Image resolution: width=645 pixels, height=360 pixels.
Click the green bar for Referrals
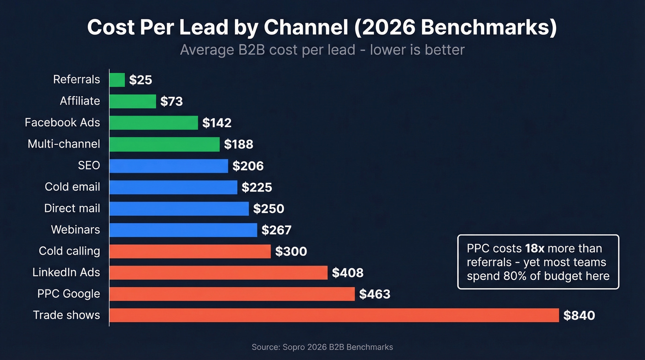tap(117, 80)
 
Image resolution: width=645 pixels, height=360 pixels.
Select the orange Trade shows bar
tap(334, 315)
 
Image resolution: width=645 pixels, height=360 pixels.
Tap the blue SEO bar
tap(169, 166)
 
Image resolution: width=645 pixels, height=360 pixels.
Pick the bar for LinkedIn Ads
tap(218, 272)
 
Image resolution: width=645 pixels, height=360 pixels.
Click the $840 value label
tap(579, 316)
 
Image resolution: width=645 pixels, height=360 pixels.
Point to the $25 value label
tap(141, 80)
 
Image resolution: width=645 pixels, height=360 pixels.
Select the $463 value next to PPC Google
tap(375, 294)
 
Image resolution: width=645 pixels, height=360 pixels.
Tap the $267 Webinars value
tap(276, 230)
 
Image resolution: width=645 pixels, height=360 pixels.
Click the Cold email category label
tap(72, 187)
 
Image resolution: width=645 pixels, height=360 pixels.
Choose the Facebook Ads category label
tap(62, 123)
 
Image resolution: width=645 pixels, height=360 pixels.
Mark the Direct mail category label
tap(72, 208)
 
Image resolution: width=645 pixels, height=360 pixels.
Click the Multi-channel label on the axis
tap(64, 144)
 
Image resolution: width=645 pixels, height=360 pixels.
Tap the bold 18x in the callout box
tap(534, 248)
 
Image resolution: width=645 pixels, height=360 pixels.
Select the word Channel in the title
tap(306, 28)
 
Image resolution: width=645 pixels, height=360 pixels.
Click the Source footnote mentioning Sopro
tap(322, 347)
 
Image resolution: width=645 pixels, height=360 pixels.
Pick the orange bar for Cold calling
tap(190, 251)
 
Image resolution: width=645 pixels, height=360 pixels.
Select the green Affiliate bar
tap(133, 101)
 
